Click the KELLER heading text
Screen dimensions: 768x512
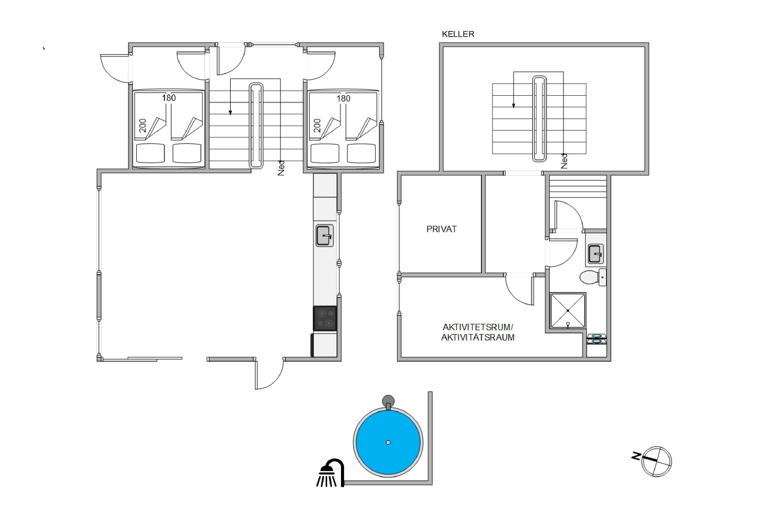coord(458,34)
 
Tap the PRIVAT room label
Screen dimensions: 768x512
coord(441,229)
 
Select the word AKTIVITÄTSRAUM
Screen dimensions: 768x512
coord(478,337)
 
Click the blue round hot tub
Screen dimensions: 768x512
coord(388,442)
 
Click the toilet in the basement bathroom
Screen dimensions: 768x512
coord(593,277)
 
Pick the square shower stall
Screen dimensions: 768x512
coord(568,311)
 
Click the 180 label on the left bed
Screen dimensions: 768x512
coord(169,98)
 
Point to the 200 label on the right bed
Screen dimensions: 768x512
coord(317,125)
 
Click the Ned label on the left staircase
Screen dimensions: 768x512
coord(281,168)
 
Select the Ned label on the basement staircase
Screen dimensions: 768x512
coord(564,161)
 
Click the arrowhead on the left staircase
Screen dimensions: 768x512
coord(230,113)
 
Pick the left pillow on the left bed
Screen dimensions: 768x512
coord(151,153)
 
